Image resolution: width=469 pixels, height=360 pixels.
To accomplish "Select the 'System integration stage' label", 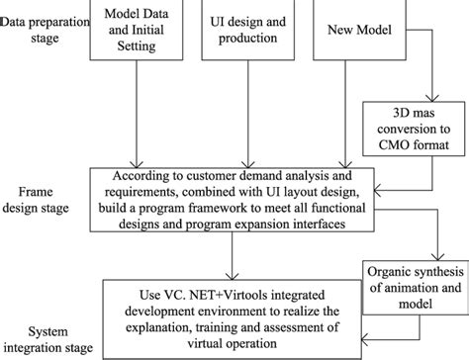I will point(49,341).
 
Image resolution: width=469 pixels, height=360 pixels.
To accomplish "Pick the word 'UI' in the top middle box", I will point(222,21).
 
